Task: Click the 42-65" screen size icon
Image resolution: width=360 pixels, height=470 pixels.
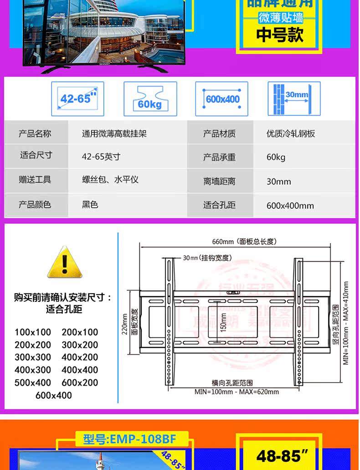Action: [x=77, y=99]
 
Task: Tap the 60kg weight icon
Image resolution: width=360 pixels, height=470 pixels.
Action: [x=150, y=99]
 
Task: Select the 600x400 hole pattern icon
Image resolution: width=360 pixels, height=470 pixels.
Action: [x=222, y=99]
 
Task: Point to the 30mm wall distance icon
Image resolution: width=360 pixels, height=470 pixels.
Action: [x=294, y=99]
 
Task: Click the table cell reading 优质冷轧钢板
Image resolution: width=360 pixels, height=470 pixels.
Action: [x=291, y=134]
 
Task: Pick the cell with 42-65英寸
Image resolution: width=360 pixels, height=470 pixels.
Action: [x=101, y=157]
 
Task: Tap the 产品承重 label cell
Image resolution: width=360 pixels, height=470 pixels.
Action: [x=219, y=157]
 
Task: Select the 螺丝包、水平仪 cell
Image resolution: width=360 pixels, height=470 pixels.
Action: [x=110, y=180]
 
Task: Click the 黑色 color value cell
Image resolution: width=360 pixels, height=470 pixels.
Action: [x=90, y=205]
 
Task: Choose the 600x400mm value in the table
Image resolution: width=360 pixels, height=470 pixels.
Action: [x=290, y=206]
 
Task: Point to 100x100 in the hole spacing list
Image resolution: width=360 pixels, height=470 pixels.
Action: [x=33, y=332]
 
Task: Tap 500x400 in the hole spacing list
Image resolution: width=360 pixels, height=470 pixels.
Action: [x=33, y=382]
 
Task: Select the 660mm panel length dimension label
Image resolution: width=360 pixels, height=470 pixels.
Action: [x=244, y=242]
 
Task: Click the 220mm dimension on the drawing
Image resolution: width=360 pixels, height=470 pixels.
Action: [x=125, y=324]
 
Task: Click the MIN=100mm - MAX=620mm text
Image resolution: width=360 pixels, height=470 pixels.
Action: [x=237, y=392]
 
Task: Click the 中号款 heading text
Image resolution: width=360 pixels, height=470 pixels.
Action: [x=280, y=35]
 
